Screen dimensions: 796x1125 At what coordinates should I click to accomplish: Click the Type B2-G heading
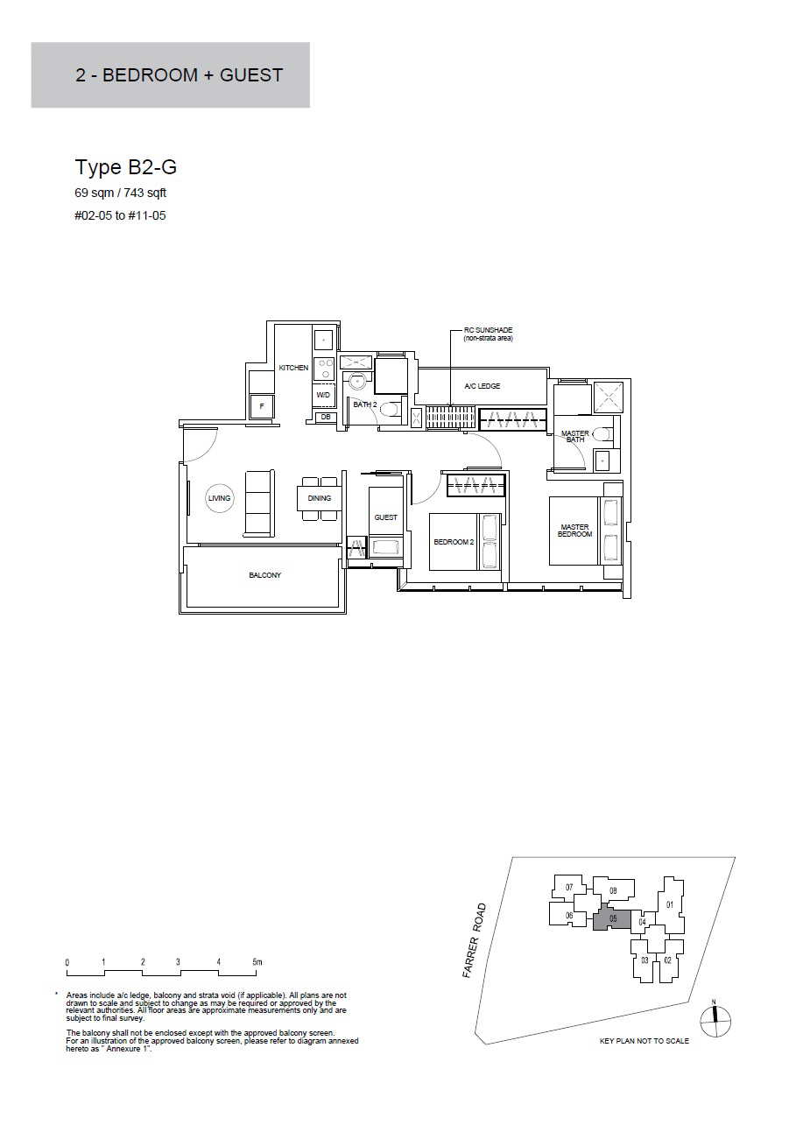click(x=125, y=167)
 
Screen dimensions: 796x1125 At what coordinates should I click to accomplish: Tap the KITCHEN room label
click(x=293, y=368)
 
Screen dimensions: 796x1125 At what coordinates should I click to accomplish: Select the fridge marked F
click(x=262, y=406)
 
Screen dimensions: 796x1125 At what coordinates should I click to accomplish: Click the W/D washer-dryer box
click(x=323, y=395)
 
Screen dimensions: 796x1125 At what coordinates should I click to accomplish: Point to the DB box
click(x=326, y=417)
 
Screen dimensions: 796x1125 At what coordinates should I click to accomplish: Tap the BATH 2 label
click(x=364, y=404)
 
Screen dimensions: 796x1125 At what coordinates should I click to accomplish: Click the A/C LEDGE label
click(x=483, y=386)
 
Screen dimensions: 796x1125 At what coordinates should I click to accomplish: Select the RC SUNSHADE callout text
click(x=488, y=334)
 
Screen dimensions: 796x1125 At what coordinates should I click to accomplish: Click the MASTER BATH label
click(x=575, y=437)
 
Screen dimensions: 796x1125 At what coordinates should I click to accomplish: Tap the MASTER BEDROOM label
click(x=574, y=531)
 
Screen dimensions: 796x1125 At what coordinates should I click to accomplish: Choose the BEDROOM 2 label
click(x=454, y=542)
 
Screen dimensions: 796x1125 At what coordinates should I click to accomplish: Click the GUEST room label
click(x=385, y=517)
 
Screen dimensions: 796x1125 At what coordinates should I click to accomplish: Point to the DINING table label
click(x=320, y=498)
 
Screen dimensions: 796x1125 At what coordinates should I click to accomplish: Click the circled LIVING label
click(x=220, y=498)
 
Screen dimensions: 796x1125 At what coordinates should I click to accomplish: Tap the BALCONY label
click(x=264, y=575)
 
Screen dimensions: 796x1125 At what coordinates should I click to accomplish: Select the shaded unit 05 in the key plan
click(x=613, y=919)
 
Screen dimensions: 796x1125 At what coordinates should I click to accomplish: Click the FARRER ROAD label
click(x=475, y=940)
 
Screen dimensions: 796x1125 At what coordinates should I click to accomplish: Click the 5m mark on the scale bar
click(x=257, y=962)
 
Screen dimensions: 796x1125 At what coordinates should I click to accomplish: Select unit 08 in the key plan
click(x=613, y=890)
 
